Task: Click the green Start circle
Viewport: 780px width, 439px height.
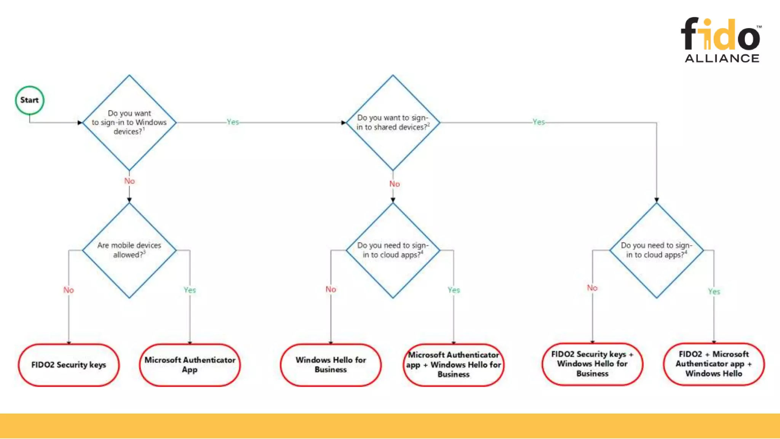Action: click(30, 100)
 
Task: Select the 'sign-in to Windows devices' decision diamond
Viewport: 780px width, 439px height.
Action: click(129, 122)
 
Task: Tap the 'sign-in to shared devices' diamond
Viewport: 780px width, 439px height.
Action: click(393, 122)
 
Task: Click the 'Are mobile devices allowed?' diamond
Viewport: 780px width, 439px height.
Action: click(129, 250)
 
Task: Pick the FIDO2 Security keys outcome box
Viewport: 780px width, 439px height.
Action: click(69, 365)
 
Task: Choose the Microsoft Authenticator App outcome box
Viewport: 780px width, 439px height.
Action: click(190, 365)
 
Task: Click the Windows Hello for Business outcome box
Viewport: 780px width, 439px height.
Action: click(331, 365)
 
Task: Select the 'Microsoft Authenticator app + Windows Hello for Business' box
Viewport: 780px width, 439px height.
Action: click(453, 365)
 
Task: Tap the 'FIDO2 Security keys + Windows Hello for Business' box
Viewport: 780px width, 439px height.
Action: click(592, 364)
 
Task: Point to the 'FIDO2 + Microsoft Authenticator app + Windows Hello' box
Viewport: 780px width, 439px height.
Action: click(714, 364)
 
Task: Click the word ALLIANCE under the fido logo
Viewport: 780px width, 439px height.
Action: click(722, 58)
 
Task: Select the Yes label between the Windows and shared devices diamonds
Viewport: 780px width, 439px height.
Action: click(233, 122)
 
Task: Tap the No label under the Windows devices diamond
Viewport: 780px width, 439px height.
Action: click(129, 181)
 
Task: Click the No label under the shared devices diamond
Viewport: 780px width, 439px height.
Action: click(395, 184)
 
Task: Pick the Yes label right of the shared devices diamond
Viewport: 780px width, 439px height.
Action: click(539, 122)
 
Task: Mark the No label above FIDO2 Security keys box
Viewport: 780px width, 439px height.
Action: click(69, 290)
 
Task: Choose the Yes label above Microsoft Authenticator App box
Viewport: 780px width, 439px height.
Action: click(190, 290)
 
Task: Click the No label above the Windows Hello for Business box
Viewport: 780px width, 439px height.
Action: click(331, 289)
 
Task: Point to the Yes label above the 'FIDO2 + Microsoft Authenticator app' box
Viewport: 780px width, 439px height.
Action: click(714, 292)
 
